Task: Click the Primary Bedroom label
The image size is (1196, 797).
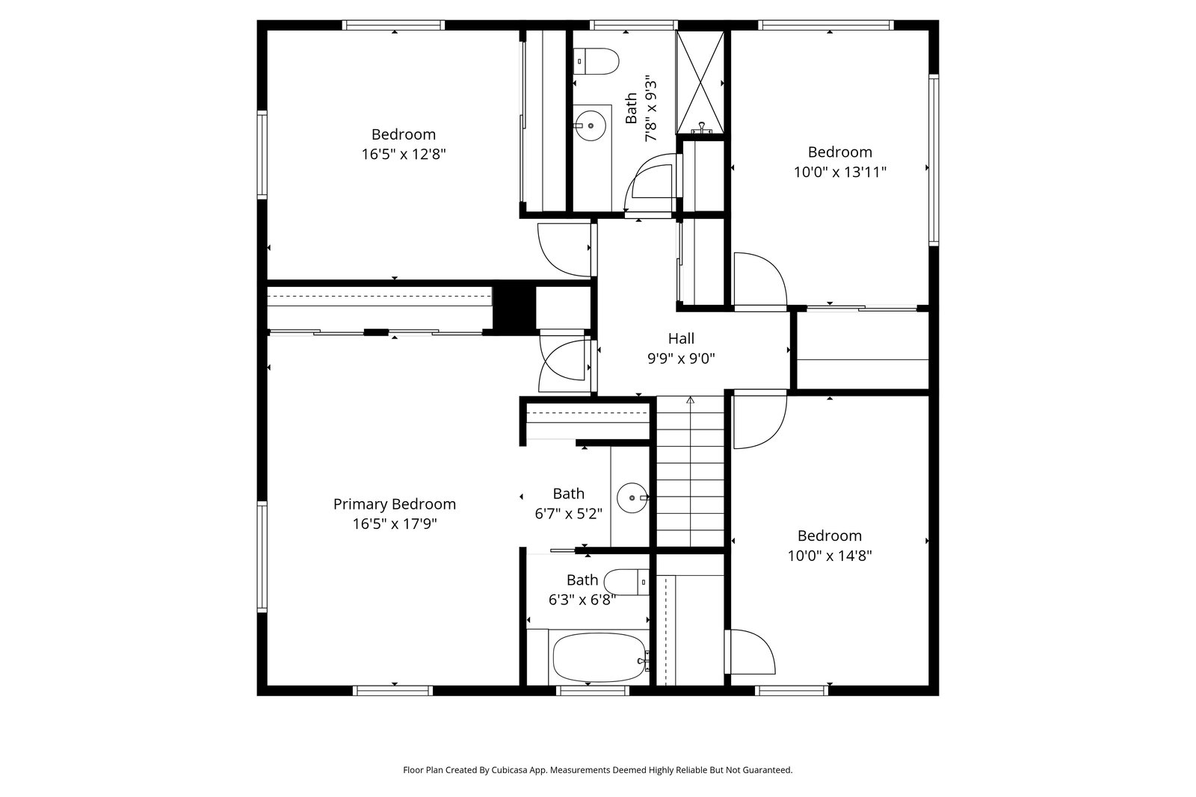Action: click(395, 504)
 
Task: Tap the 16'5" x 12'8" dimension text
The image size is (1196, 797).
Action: click(404, 154)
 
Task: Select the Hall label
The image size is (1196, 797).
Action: click(681, 338)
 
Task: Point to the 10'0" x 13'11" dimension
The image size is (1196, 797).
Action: click(840, 173)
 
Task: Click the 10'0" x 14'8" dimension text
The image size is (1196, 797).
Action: click(830, 556)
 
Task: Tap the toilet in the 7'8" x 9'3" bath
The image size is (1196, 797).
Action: click(596, 61)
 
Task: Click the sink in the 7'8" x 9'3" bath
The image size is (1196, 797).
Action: click(591, 126)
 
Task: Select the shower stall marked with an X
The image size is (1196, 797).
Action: click(700, 82)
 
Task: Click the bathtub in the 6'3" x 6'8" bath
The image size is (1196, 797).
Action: click(599, 657)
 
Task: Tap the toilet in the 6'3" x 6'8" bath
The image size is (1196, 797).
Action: click(626, 582)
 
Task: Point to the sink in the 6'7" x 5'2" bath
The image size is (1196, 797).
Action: click(632, 497)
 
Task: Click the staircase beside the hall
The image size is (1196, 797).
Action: click(690, 471)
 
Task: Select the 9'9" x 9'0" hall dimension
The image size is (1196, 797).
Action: click(681, 359)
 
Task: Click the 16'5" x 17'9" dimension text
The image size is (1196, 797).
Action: click(395, 524)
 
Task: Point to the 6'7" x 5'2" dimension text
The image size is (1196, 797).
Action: click(569, 514)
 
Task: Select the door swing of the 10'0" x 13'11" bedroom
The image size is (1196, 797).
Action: click(760, 281)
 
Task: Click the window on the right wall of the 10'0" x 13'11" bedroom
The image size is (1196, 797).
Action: click(934, 160)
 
